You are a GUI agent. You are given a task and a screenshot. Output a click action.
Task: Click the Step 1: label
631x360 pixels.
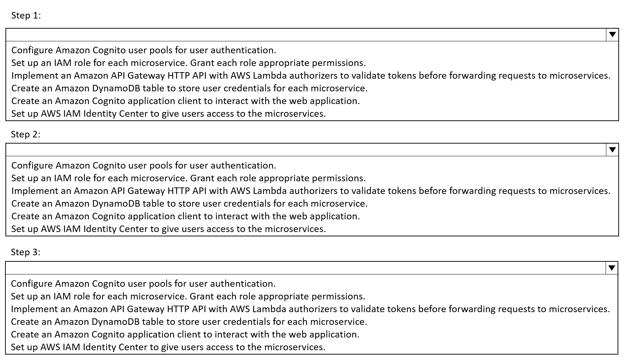pyautogui.click(x=26, y=15)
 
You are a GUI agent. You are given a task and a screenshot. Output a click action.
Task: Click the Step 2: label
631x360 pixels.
pyautogui.click(x=25, y=134)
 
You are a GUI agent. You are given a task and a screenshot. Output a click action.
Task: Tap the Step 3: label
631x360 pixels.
pyautogui.click(x=25, y=252)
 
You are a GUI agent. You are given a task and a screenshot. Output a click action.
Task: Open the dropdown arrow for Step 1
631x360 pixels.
pyautogui.click(x=612, y=35)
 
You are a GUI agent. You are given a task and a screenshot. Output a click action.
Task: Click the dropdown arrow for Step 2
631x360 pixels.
pyautogui.click(x=612, y=150)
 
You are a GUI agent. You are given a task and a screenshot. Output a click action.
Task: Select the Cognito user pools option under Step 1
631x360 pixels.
pyautogui.click(x=144, y=50)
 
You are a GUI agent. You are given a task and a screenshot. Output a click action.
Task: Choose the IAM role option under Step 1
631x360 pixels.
pyautogui.click(x=188, y=63)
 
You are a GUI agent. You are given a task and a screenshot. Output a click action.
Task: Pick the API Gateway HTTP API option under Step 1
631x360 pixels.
pyautogui.click(x=311, y=75)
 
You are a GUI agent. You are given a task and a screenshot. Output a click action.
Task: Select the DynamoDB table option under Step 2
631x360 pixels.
pyautogui.click(x=189, y=203)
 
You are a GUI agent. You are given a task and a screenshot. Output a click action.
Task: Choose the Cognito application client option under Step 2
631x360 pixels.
pyautogui.click(x=185, y=216)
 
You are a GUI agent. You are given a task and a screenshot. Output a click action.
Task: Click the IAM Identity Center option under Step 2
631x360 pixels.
pyautogui.click(x=168, y=229)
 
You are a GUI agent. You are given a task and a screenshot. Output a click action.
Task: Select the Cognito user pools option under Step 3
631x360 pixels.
pyautogui.click(x=143, y=284)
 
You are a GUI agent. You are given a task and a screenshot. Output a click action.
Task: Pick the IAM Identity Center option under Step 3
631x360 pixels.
pyautogui.click(x=168, y=347)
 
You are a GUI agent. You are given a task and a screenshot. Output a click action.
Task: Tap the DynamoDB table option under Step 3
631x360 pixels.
pyautogui.click(x=189, y=322)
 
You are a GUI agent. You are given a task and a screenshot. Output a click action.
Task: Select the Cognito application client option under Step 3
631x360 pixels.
pyautogui.click(x=185, y=334)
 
